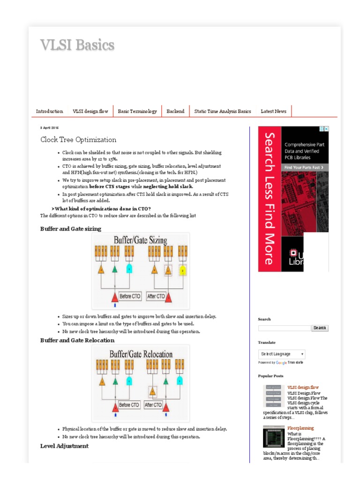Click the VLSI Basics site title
coord(77,45)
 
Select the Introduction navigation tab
coord(49,111)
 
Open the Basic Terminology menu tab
coord(137,111)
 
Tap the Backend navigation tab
coord(175,111)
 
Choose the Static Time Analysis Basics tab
coord(223,111)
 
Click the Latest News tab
coord(273,111)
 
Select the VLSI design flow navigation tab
coord(90,111)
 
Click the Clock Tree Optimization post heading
coord(78,140)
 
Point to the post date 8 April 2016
coord(49,127)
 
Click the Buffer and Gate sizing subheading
coord(70,229)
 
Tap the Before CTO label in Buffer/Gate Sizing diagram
coord(130,296)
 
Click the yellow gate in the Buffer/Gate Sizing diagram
coord(183,270)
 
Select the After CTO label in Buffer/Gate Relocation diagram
coord(153,405)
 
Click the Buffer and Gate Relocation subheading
coord(77,340)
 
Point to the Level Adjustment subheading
coord(64,446)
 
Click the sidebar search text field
coord(284,328)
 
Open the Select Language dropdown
coord(282,354)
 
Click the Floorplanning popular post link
coord(300,428)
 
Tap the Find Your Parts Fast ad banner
coord(305,167)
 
